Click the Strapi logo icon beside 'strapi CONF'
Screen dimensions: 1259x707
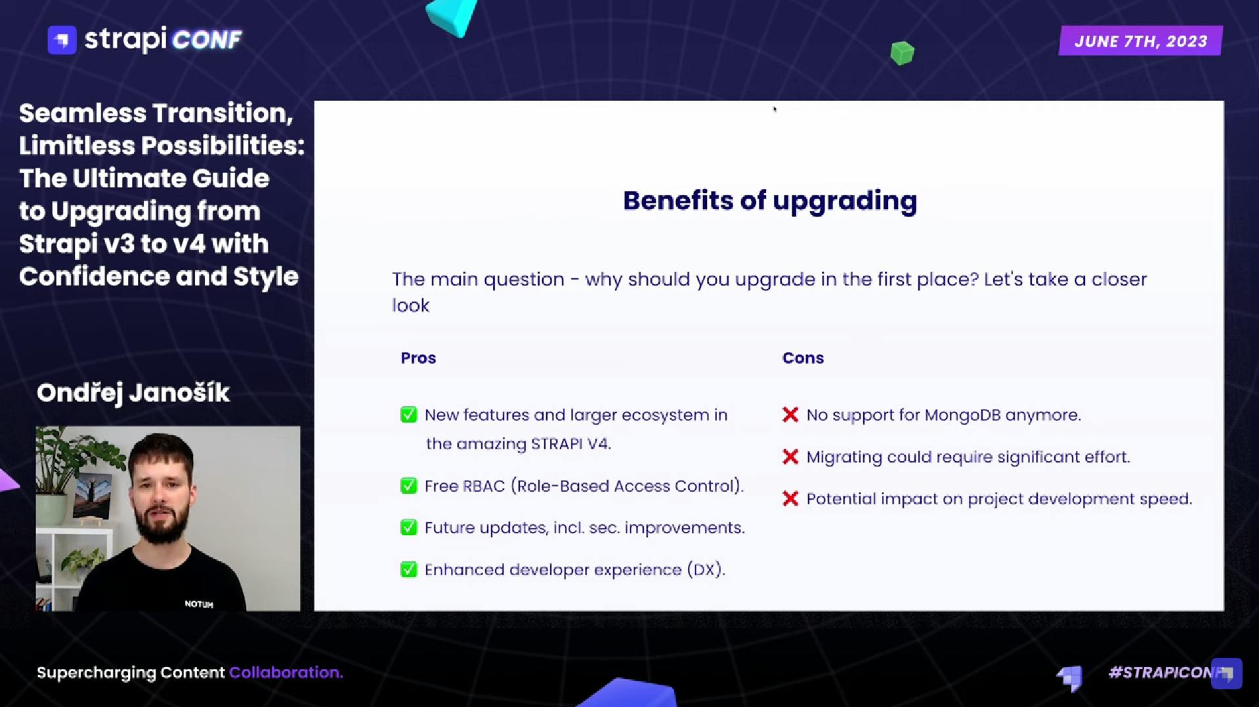[x=62, y=40]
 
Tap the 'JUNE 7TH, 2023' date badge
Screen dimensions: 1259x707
[x=1141, y=41]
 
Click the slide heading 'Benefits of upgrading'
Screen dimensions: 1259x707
[x=770, y=201]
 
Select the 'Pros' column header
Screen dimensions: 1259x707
[x=418, y=358]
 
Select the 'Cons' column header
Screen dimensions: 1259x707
[x=803, y=358]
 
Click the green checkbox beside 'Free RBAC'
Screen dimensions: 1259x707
[x=408, y=486]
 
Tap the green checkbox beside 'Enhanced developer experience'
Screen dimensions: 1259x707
[x=408, y=569]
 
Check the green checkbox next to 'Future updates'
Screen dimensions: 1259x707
[x=408, y=527]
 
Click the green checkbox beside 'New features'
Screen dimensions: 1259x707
[x=408, y=414]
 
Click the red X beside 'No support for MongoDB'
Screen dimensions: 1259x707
[x=790, y=414]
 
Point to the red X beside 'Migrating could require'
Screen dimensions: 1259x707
[x=790, y=456]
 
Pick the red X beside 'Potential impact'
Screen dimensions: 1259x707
[x=790, y=498]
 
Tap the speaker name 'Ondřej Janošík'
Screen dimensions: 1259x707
[x=133, y=393]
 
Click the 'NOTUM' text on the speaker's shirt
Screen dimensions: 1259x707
[x=199, y=604]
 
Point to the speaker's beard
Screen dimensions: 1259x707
[x=161, y=525]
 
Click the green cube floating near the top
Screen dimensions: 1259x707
[x=902, y=53]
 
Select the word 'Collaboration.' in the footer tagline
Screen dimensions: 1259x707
[x=286, y=672]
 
